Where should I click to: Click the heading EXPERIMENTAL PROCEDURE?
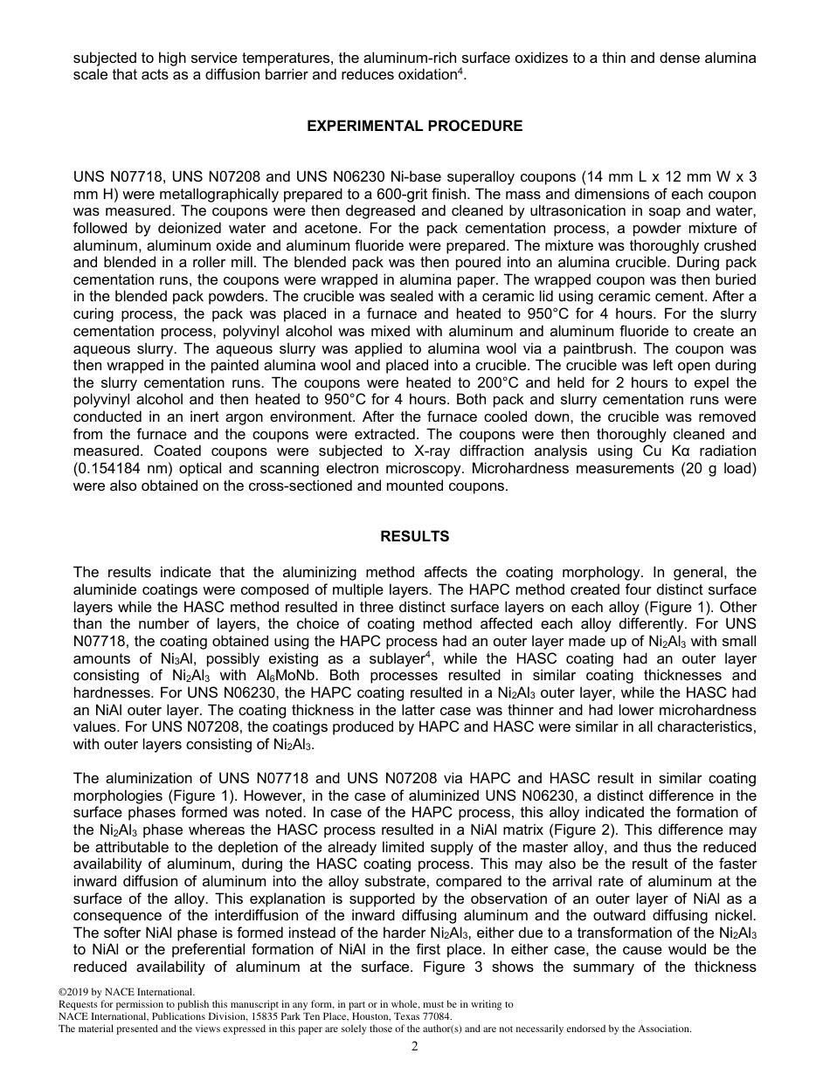pyautogui.click(x=414, y=126)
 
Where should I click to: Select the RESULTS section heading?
pyautogui.click(x=414, y=536)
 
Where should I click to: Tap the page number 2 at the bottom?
pyautogui.click(x=415, y=1047)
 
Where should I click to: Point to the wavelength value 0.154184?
pyautogui.click(x=108, y=467)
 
